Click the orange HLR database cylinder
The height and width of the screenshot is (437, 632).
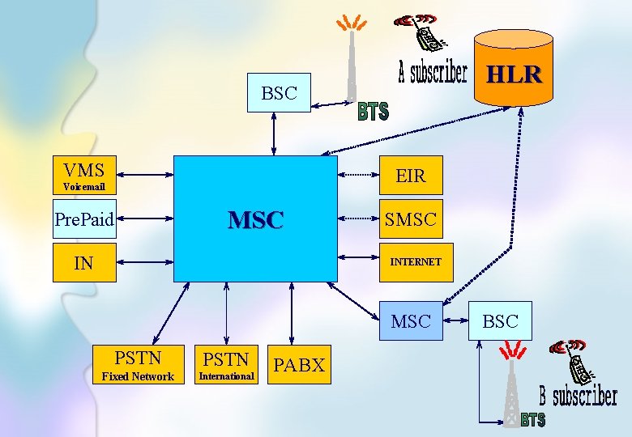pos(514,68)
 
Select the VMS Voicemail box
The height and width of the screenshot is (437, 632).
pos(84,176)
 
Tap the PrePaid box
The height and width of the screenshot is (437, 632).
pos(84,218)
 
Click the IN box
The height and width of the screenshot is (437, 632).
pos(84,262)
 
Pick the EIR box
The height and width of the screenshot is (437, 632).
pos(412,175)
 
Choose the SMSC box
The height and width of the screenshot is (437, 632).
pos(412,218)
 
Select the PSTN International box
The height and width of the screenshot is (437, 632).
pos(227,364)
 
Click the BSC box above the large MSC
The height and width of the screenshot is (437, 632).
pos(279,93)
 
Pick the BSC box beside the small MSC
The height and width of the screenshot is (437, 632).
pos(500,321)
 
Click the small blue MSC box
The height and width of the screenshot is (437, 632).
pos(411,321)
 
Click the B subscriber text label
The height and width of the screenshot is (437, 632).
pos(579,397)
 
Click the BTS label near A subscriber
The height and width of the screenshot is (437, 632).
pos(374,112)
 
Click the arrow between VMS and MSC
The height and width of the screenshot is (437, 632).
pos(146,175)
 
